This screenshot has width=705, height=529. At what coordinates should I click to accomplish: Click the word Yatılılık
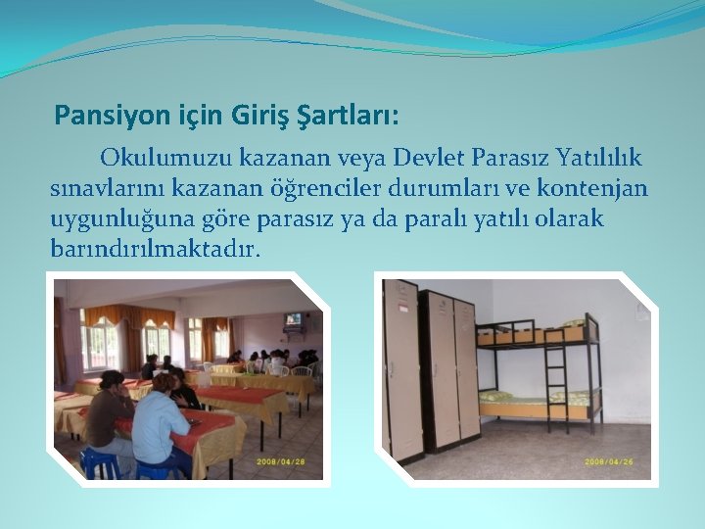point(598,158)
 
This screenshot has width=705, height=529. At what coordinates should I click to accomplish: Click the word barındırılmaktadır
point(156,249)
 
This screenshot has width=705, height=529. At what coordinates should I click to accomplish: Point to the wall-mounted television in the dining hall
point(293,319)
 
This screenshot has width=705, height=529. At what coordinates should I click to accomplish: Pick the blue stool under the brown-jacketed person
point(98,461)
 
